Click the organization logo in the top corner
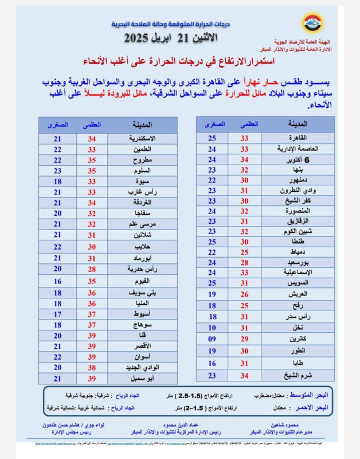(312, 24)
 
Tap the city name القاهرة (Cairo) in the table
(295, 138)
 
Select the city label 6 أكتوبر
(295, 160)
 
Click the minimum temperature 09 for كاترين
(212, 339)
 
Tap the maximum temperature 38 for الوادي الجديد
(91, 368)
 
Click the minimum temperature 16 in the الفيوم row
(57, 281)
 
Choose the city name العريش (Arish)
(295, 294)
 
